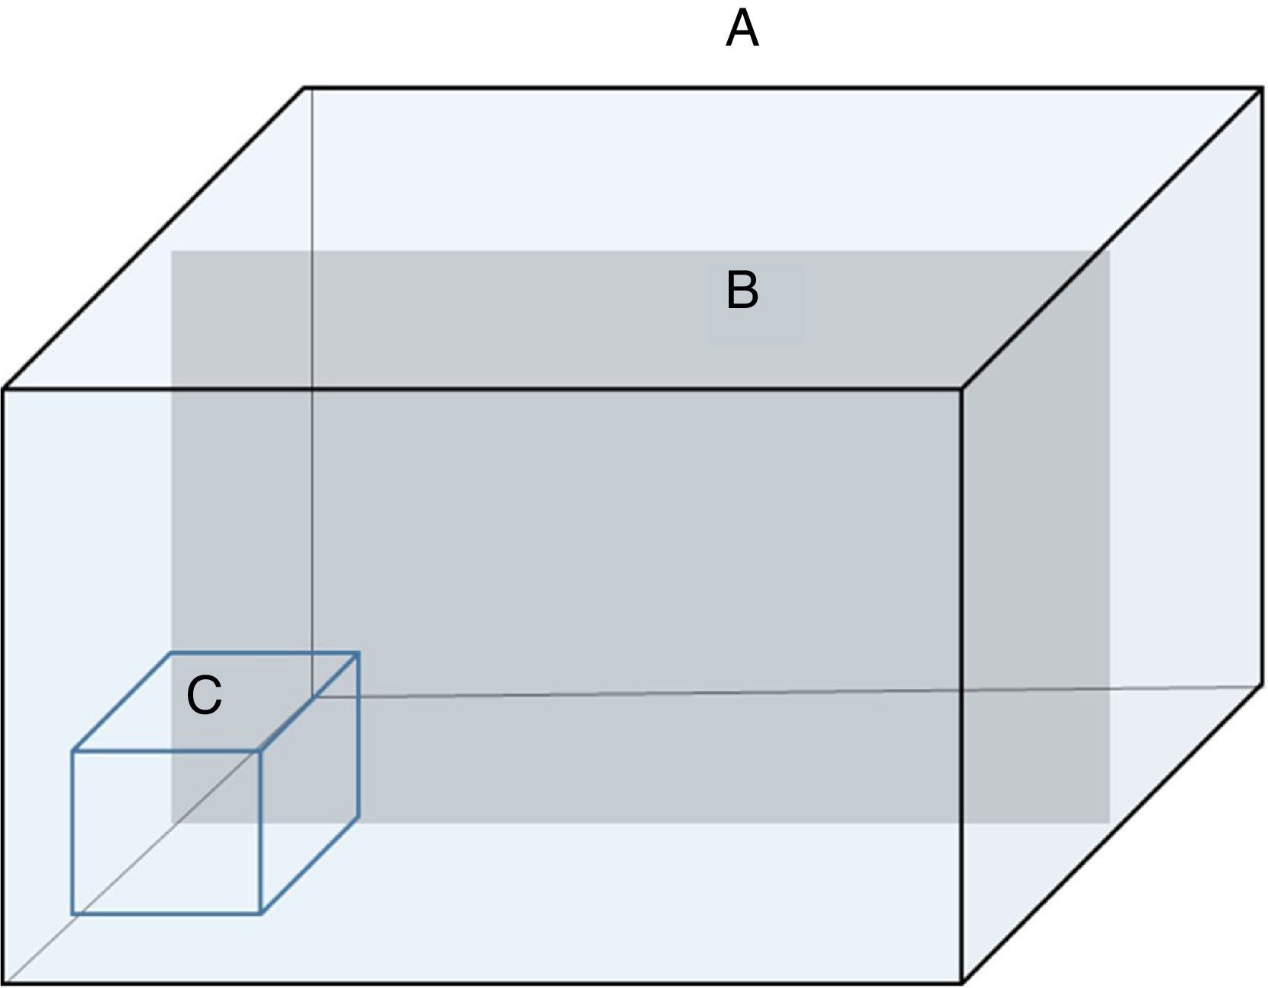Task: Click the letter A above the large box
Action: pyautogui.click(x=742, y=30)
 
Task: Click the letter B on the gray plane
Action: pyautogui.click(x=742, y=291)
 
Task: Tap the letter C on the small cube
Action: pyautogui.click(x=204, y=695)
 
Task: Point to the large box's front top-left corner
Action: pyautogui.click(x=4, y=389)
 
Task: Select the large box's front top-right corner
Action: pyautogui.click(x=963, y=389)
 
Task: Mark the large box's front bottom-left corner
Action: pyautogui.click(x=4, y=983)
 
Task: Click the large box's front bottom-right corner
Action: pyautogui.click(x=963, y=983)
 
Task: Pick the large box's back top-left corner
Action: pyautogui.click(x=305, y=88)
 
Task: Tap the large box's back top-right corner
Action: pyautogui.click(x=1262, y=88)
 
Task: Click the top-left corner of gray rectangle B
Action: pyautogui.click(x=172, y=252)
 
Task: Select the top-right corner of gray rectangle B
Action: pyautogui.click(x=1109, y=252)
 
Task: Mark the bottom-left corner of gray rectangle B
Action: pyautogui.click(x=172, y=822)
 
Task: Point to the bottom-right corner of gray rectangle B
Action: pyautogui.click(x=1109, y=822)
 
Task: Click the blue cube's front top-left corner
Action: pyautogui.click(x=73, y=751)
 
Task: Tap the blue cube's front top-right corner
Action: pyautogui.click(x=261, y=751)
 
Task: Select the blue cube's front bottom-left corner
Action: pyautogui.click(x=73, y=913)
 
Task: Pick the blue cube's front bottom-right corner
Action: pyautogui.click(x=261, y=913)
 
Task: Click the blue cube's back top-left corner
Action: pyautogui.click(x=170, y=653)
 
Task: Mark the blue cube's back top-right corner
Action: pyautogui.click(x=358, y=653)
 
